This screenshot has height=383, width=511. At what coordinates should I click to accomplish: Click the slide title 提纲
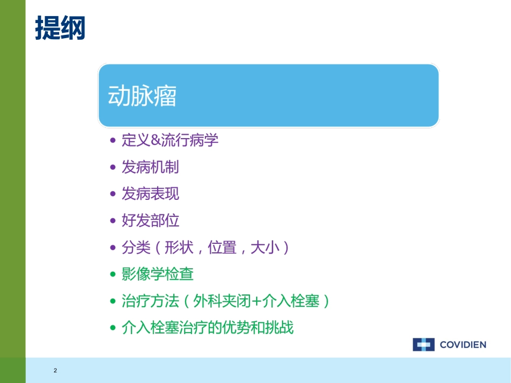pos(60,27)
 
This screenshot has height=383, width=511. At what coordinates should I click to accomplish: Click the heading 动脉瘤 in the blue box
pos(143,97)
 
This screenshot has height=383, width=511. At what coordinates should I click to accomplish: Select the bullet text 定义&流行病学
pos(170,141)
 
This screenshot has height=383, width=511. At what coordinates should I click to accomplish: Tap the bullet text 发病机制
pos(150,167)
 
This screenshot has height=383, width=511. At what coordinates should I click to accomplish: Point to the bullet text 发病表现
pos(150,194)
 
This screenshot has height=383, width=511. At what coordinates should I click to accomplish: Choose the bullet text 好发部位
pos(150,221)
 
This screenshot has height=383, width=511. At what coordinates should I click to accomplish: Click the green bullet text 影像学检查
pos(158,274)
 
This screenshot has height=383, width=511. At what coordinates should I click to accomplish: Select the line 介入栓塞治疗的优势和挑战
pos(208,328)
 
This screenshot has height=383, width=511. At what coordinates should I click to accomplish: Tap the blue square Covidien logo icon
pos(423,345)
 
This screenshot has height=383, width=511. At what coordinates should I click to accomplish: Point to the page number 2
pos(55,371)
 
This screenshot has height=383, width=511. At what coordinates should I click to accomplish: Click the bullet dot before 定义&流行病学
pos(112,141)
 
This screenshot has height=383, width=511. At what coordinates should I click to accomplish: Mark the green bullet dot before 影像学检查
pos(112,274)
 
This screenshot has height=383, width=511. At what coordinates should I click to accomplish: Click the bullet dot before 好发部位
pos(112,221)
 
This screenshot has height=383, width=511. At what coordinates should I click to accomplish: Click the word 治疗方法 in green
pos(150,301)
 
